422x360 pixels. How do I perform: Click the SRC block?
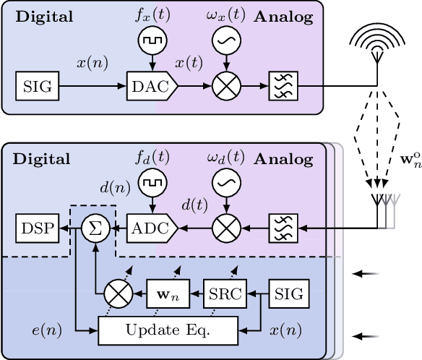click(224, 293)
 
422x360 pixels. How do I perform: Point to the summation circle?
click(93, 229)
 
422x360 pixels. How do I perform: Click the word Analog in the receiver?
click(283, 159)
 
